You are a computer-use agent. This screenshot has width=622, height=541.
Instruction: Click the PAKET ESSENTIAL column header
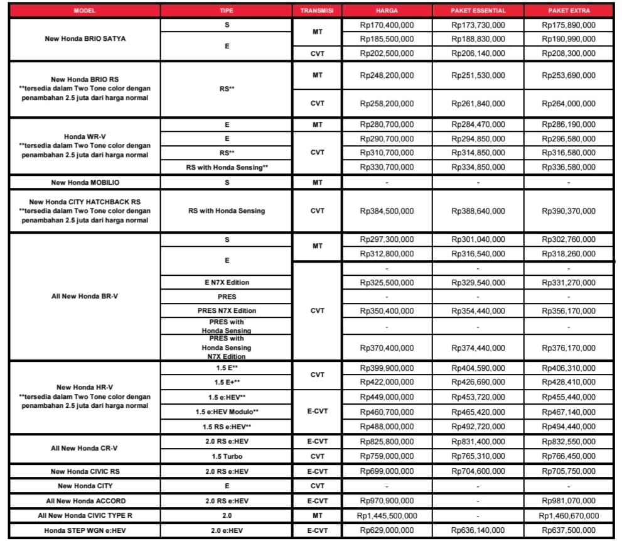(x=478, y=11)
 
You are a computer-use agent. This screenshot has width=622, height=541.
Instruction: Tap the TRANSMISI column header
(x=318, y=11)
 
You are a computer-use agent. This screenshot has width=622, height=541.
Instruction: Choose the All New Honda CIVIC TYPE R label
(x=85, y=516)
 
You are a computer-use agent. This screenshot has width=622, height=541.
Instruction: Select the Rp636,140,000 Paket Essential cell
(x=478, y=531)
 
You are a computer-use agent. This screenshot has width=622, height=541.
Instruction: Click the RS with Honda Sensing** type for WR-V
(x=227, y=167)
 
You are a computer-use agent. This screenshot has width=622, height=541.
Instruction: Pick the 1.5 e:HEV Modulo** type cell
(x=227, y=412)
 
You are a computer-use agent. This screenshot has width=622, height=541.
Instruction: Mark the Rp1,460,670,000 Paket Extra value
(x=569, y=516)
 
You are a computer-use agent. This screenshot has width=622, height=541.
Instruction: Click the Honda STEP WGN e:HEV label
(x=85, y=531)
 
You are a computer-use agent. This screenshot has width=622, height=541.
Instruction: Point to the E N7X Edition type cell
(x=227, y=283)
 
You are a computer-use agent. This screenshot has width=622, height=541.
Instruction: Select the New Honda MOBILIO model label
(x=85, y=182)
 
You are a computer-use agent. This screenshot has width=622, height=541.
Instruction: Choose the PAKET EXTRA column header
(x=569, y=11)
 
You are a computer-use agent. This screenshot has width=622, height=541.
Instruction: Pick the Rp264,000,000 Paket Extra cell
(x=569, y=104)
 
